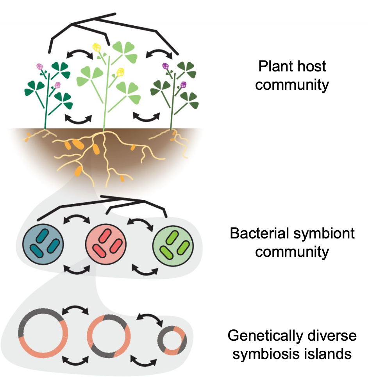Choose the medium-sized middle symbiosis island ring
point(110,335)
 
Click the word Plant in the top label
point(274,66)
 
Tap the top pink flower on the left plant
point(39,66)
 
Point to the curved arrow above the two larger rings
point(77,310)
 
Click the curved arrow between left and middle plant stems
point(78,118)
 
